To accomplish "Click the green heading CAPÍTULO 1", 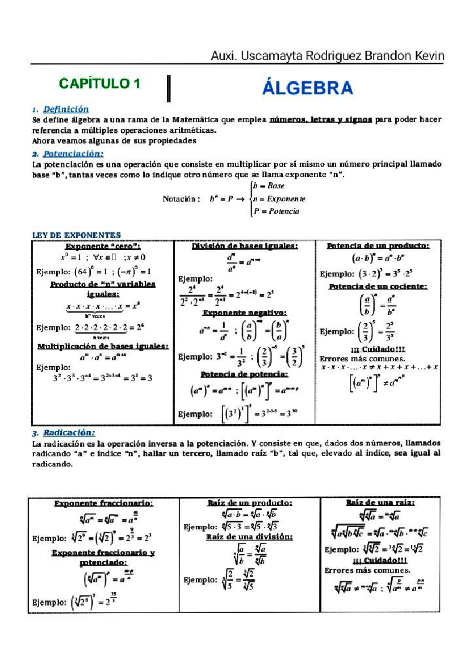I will point(99,83).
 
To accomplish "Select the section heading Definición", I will point(66,109).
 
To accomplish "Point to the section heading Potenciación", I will point(73,154).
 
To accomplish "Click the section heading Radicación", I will point(69,433).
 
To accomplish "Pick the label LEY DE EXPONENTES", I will point(76,235).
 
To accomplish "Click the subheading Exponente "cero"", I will point(103,246).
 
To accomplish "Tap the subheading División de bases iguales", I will point(245,246).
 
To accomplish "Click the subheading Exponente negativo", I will point(245,313).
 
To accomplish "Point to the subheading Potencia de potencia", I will point(245,374).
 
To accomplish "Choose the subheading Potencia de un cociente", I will point(378,286).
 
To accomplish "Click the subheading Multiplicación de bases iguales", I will point(103,346).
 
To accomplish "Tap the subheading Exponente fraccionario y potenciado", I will point(103,557).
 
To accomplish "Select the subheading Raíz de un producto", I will point(250,503).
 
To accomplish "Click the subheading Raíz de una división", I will point(250,537).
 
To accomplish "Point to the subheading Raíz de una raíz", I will point(380,503).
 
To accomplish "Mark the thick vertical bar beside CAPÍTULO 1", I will point(169,88).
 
